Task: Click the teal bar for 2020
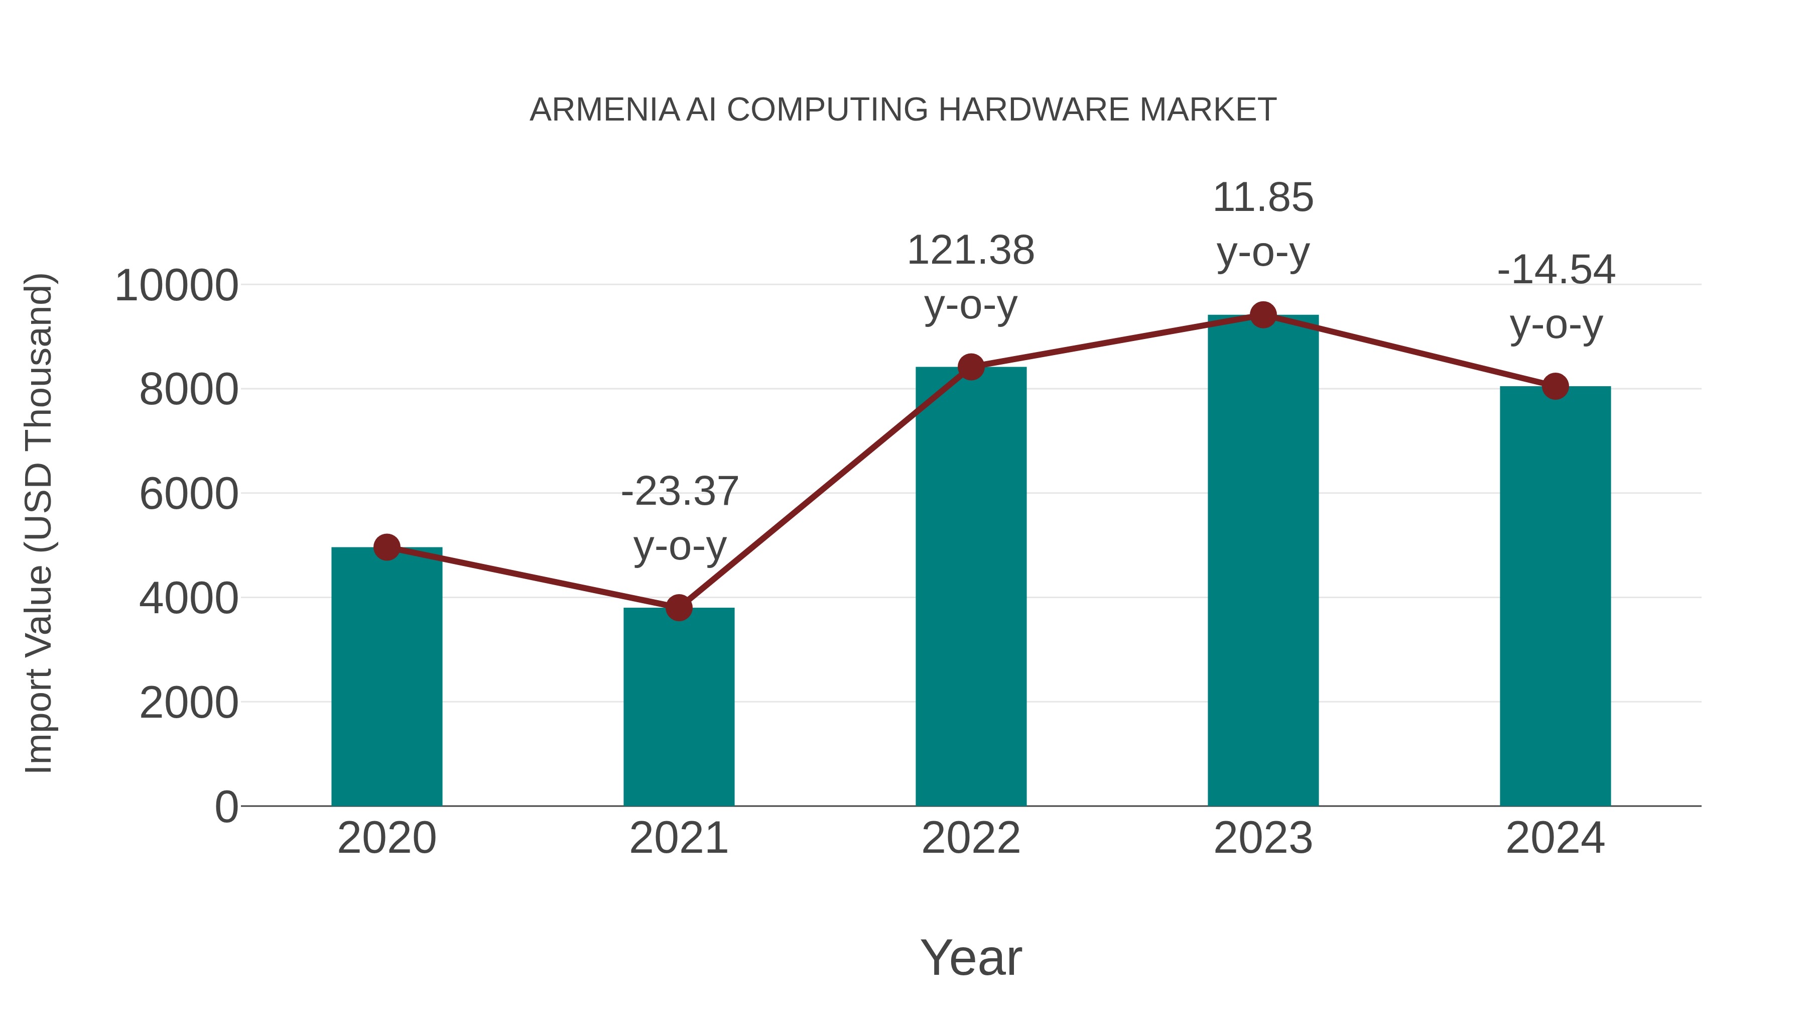click(386, 677)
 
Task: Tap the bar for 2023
click(1263, 561)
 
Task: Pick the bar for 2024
click(1555, 597)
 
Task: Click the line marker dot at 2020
click(386, 547)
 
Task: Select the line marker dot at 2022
click(971, 367)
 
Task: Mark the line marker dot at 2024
click(1555, 386)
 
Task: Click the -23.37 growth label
click(679, 491)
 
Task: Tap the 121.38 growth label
click(971, 251)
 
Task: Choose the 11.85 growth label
click(1263, 197)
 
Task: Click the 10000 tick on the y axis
click(176, 286)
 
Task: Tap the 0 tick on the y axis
click(226, 807)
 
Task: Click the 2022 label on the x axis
click(971, 838)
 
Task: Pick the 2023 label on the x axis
click(1263, 838)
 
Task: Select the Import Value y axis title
click(39, 523)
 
